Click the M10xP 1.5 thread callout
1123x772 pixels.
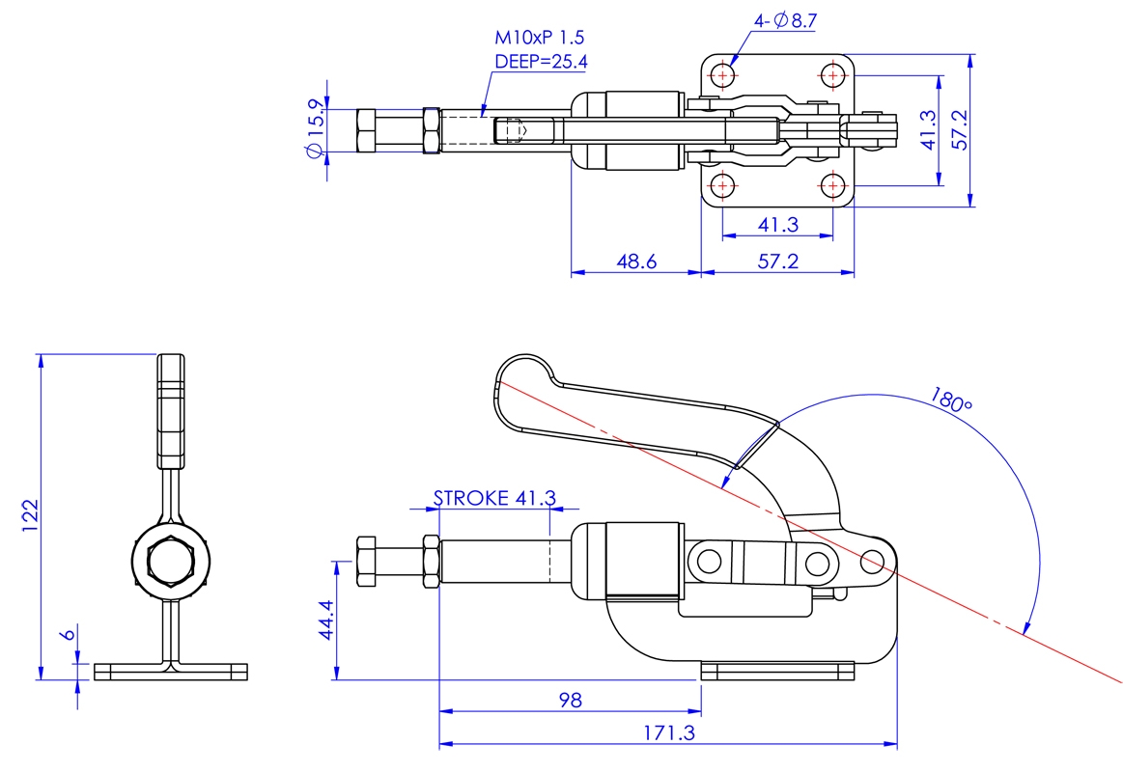[x=540, y=38]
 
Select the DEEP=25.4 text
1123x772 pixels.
[x=541, y=62]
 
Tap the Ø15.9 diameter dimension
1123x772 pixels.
[x=315, y=128]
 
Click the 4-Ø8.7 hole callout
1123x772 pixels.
[x=785, y=21]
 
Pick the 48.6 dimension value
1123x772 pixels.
[x=636, y=262]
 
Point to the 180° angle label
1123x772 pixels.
[x=950, y=400]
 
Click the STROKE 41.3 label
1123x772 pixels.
[x=495, y=497]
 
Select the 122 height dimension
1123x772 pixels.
[x=30, y=515]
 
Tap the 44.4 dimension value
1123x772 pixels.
[x=325, y=620]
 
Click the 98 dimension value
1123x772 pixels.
[x=570, y=700]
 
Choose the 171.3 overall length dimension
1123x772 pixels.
[x=669, y=732]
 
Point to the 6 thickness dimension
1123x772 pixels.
[x=68, y=634]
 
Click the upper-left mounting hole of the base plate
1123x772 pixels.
[x=723, y=75]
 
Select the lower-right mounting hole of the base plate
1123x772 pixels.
[x=832, y=186]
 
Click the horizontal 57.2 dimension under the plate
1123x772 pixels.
[x=777, y=262]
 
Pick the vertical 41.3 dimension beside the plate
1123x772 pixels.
[x=928, y=129]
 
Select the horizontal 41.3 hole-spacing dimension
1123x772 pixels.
[x=777, y=225]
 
